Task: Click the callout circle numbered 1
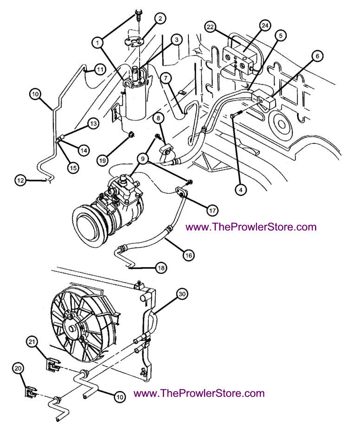click(x=97, y=42)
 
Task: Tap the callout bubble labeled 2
click(x=160, y=19)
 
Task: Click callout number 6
click(x=317, y=56)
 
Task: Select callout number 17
click(x=212, y=210)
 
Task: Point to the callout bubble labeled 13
click(x=93, y=123)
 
